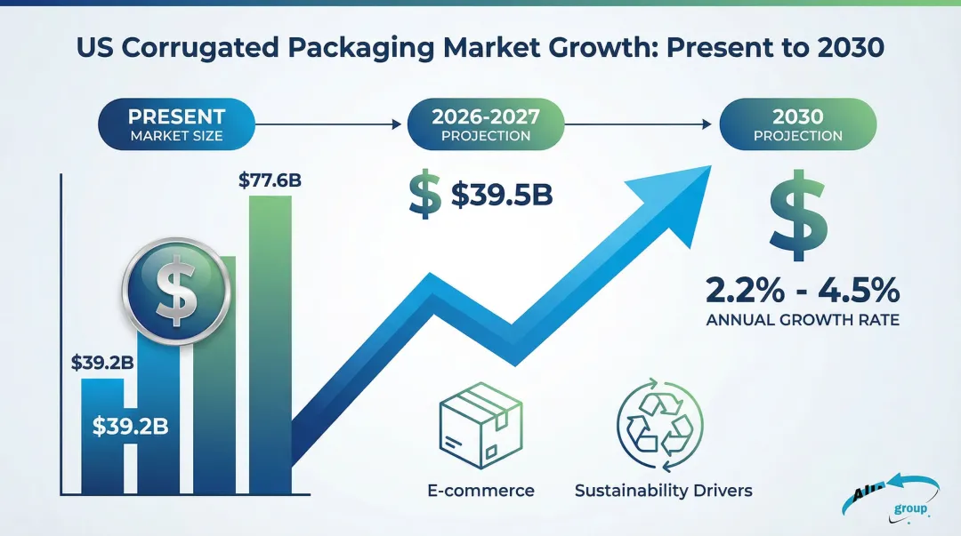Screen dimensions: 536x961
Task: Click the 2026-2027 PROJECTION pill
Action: [x=485, y=125]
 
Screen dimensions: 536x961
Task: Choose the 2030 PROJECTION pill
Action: [x=797, y=125]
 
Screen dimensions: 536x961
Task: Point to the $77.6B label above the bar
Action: [x=270, y=180]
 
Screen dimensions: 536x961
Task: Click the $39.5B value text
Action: [x=501, y=196]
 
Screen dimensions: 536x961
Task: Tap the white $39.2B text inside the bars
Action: [x=130, y=426]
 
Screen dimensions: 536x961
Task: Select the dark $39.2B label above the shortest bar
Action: [x=102, y=363]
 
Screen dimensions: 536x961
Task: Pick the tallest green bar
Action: [x=270, y=342]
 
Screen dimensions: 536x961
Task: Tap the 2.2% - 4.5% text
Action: [x=802, y=291]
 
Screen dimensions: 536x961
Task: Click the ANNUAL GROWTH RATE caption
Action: [x=802, y=320]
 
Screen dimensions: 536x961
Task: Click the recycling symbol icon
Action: [x=659, y=425]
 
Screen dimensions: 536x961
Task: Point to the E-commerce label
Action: [x=480, y=490]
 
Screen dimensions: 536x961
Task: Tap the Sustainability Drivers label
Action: [x=663, y=490]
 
